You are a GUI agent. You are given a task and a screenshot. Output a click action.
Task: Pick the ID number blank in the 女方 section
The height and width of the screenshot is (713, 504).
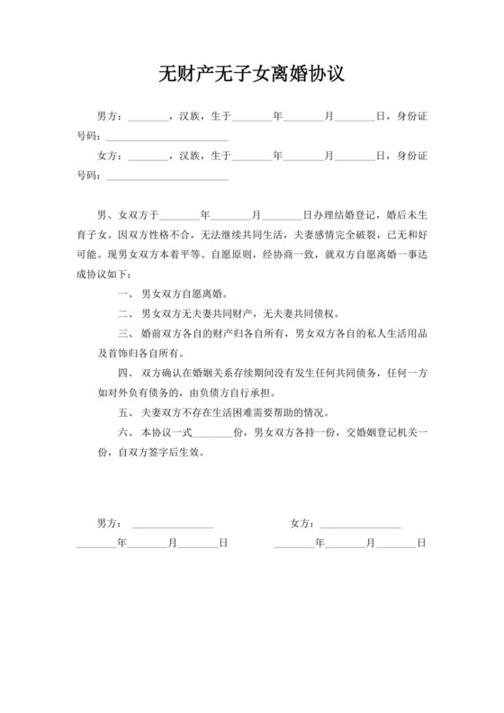click(167, 176)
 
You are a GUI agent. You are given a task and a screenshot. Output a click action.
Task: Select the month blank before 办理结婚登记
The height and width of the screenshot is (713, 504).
click(233, 216)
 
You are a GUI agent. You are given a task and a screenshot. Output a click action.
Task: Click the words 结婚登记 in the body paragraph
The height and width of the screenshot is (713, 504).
click(357, 216)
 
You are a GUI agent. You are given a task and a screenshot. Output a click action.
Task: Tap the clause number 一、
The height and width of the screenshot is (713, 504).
click(125, 293)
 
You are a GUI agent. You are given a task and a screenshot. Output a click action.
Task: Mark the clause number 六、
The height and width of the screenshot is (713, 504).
click(125, 433)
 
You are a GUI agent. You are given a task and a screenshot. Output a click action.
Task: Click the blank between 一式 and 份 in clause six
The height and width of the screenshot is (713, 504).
click(213, 433)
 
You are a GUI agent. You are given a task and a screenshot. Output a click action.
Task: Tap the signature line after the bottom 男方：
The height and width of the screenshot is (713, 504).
click(172, 523)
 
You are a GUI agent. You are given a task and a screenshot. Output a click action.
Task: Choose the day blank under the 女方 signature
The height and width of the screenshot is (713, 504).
click(395, 544)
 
